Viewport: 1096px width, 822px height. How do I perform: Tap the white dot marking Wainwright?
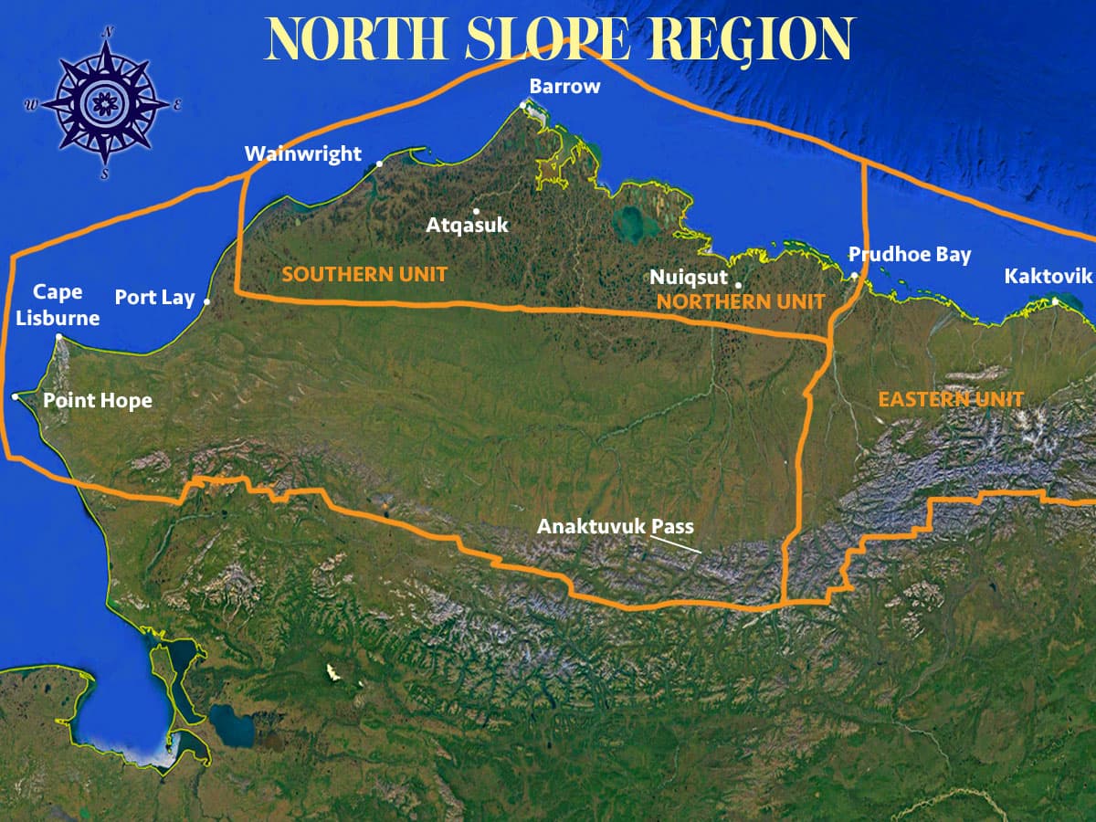point(380,164)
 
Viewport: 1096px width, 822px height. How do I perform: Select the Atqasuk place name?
point(468,225)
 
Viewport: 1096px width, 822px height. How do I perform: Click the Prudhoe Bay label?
point(910,255)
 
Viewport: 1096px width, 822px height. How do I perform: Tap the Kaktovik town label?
point(1048,276)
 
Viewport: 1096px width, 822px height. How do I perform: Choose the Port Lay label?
point(154,298)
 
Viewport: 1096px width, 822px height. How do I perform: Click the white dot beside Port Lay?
point(207,301)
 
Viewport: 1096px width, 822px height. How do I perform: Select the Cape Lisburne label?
point(58,305)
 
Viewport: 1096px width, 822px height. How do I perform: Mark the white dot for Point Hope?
point(16,396)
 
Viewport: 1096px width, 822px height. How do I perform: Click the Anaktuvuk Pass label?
point(616,527)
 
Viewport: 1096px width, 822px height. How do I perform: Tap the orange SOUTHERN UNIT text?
point(364,274)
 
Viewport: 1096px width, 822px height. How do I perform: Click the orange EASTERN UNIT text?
point(951,399)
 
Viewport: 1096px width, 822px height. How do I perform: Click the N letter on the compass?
point(108,31)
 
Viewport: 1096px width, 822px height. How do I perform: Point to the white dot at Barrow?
point(524,105)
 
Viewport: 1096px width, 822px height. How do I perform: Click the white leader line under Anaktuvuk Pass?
point(676,544)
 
